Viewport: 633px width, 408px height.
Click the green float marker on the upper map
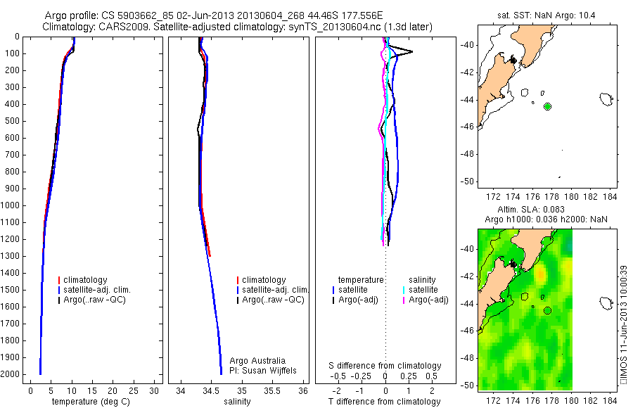(547, 107)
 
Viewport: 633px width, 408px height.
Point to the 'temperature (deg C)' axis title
(91, 402)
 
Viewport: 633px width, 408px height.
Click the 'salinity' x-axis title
(237, 402)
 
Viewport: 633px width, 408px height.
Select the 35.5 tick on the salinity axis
(272, 391)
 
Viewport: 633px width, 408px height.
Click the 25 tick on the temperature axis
(133, 391)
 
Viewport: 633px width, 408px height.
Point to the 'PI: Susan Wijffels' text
(263, 371)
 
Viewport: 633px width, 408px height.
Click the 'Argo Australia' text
(257, 361)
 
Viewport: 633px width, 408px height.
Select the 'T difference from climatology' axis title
(384, 402)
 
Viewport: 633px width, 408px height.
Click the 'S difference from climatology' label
(385, 366)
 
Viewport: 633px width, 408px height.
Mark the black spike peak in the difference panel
(412, 51)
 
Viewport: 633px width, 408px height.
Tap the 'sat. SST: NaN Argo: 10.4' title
(546, 15)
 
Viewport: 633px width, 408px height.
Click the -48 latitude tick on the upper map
(468, 154)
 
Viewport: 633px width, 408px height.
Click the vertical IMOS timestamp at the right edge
(623, 324)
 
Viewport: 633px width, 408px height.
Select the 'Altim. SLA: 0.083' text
(531, 209)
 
